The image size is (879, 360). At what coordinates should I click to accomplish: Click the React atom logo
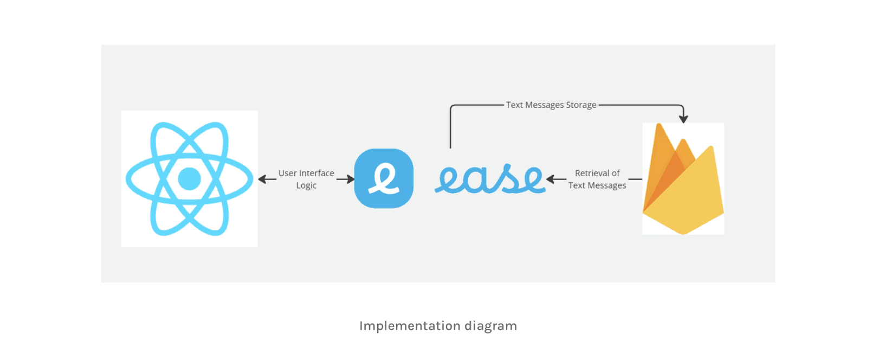[x=189, y=179]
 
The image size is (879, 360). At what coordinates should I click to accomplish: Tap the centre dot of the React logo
[x=189, y=178]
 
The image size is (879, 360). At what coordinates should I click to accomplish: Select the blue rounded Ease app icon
[x=384, y=178]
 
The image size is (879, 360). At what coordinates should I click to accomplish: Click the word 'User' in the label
[x=288, y=173]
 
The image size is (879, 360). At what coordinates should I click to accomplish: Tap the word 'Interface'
[x=316, y=173]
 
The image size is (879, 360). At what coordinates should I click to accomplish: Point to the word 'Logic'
[x=306, y=185]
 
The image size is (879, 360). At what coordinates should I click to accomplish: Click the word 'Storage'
[x=581, y=105]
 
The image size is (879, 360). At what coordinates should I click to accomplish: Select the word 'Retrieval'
[x=592, y=173]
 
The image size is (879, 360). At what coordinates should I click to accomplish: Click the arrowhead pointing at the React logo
[x=263, y=179]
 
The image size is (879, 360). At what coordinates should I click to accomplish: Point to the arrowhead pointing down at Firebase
[x=683, y=119]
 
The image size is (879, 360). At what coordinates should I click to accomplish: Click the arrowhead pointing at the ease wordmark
[x=551, y=179]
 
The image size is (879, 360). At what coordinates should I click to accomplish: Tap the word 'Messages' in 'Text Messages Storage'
[x=545, y=105]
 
